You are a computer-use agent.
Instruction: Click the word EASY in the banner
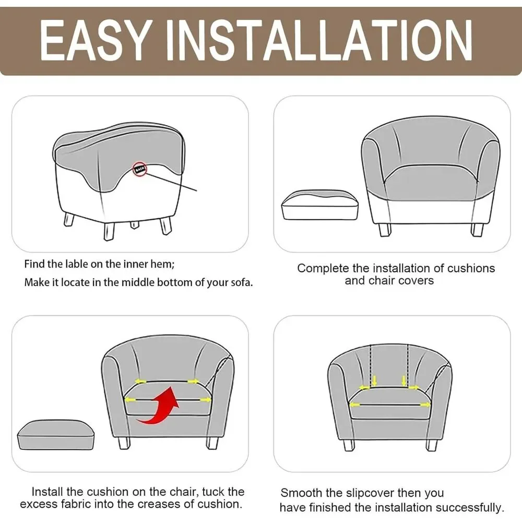94,40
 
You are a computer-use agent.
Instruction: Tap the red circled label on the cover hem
140,170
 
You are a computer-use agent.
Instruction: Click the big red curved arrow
160,406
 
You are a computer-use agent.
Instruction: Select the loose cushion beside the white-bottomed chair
320,205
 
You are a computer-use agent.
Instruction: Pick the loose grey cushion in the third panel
56,435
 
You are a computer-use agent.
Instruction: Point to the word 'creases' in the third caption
159,504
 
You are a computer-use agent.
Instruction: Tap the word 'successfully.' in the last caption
470,508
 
